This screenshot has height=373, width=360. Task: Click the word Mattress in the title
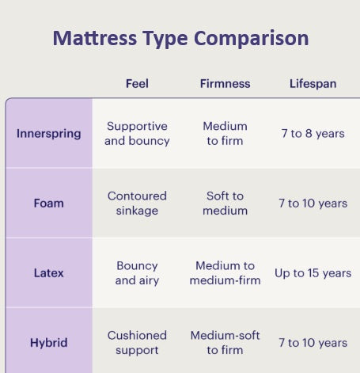(95, 38)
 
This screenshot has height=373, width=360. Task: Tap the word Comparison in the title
(251, 38)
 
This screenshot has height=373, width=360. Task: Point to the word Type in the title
(165, 39)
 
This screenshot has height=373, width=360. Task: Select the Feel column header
(137, 84)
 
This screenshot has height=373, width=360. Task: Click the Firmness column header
(225, 84)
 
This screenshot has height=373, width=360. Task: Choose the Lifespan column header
(313, 84)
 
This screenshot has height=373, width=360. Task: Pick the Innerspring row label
(49, 134)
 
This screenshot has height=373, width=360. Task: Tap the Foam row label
(49, 204)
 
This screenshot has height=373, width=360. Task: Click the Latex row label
(49, 273)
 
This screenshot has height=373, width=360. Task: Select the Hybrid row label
(49, 343)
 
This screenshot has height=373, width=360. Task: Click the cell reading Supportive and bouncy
(137, 134)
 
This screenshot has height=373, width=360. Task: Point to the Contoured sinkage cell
(137, 204)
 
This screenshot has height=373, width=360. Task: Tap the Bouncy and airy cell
(137, 273)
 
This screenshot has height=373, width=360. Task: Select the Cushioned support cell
(137, 343)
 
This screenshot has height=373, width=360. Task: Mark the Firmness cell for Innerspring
(225, 134)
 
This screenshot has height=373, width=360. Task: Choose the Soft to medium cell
(225, 204)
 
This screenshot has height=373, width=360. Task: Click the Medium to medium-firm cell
(225, 273)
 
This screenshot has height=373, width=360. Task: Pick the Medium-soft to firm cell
(225, 343)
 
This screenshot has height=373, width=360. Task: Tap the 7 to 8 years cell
(313, 134)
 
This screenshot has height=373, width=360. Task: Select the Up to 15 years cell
(313, 273)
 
